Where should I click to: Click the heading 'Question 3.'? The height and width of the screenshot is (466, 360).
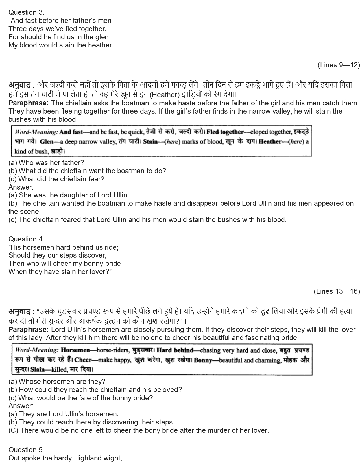coord(26,12)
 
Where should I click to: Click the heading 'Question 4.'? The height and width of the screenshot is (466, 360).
coord(26,239)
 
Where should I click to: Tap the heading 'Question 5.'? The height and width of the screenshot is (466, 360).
coord(26,450)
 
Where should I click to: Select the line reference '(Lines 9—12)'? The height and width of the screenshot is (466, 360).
coord(339,65)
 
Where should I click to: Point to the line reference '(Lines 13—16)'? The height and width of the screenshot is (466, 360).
coord(337,291)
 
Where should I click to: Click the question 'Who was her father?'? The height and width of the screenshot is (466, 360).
coord(46,163)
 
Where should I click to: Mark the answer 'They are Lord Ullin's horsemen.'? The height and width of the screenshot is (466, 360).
coord(64,414)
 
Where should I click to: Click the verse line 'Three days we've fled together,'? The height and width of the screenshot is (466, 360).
coord(58,29)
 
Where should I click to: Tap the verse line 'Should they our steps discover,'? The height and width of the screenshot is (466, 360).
coord(58,255)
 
